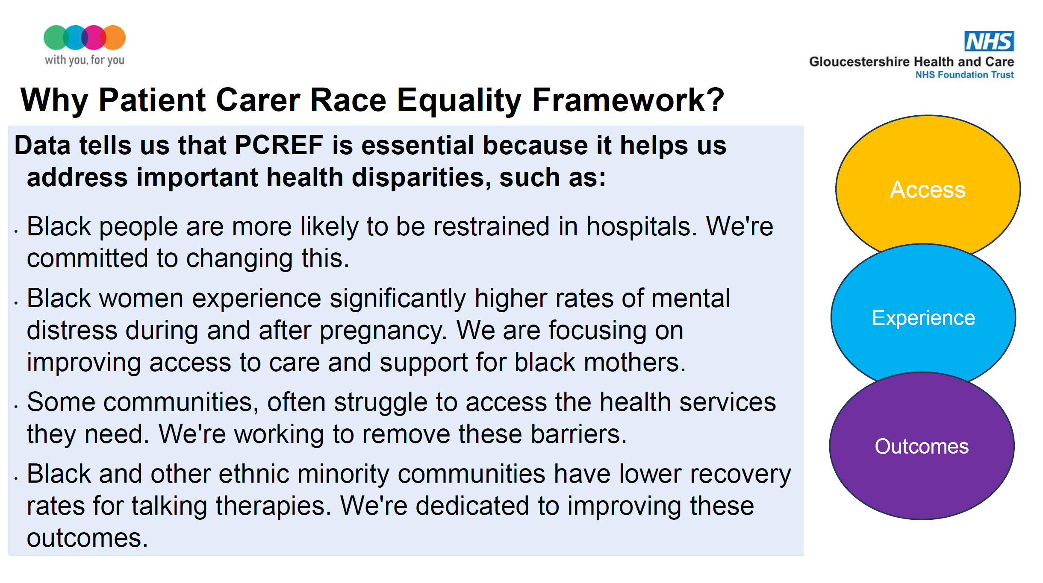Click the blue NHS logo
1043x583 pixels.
(x=989, y=41)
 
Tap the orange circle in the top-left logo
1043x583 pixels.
(x=113, y=38)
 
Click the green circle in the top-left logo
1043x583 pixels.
(x=56, y=38)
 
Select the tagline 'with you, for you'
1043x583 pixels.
(x=85, y=60)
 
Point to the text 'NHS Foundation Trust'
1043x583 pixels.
(x=964, y=75)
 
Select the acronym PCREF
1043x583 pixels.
(x=279, y=145)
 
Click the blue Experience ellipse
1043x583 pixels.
(x=923, y=316)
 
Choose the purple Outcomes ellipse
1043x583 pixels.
(x=922, y=446)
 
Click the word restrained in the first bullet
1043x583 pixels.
(x=491, y=226)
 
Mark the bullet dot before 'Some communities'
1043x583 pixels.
(x=16, y=407)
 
